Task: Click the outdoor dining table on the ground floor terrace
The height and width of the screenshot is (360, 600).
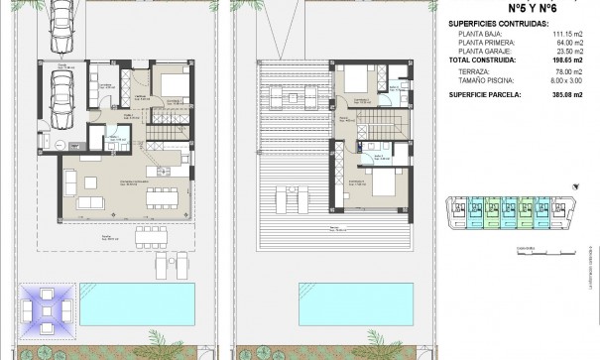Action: coord(151,236)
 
